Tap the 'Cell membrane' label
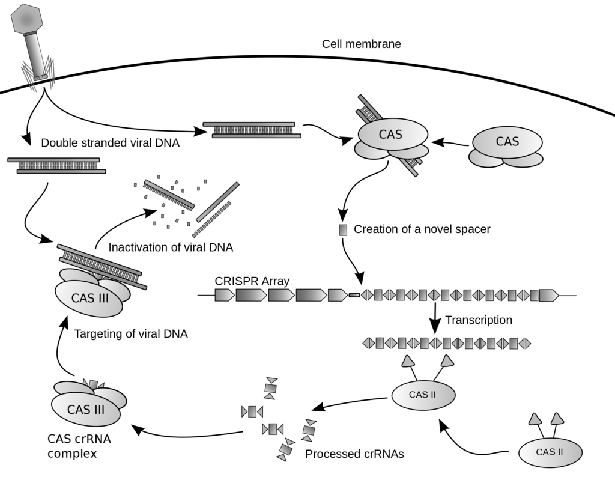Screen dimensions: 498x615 (x=361, y=44)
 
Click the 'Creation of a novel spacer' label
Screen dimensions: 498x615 (x=422, y=229)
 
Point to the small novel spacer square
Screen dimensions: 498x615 (x=343, y=229)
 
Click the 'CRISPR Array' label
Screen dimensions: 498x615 (x=252, y=281)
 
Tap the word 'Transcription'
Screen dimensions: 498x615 (x=479, y=320)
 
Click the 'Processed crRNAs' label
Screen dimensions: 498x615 (x=354, y=454)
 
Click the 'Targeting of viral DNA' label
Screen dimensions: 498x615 (x=130, y=334)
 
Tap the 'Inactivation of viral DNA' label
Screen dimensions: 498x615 (x=171, y=247)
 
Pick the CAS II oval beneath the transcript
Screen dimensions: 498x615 (x=423, y=395)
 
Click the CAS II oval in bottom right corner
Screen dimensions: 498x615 (x=550, y=452)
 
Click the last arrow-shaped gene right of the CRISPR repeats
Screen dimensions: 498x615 (x=548, y=295)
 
